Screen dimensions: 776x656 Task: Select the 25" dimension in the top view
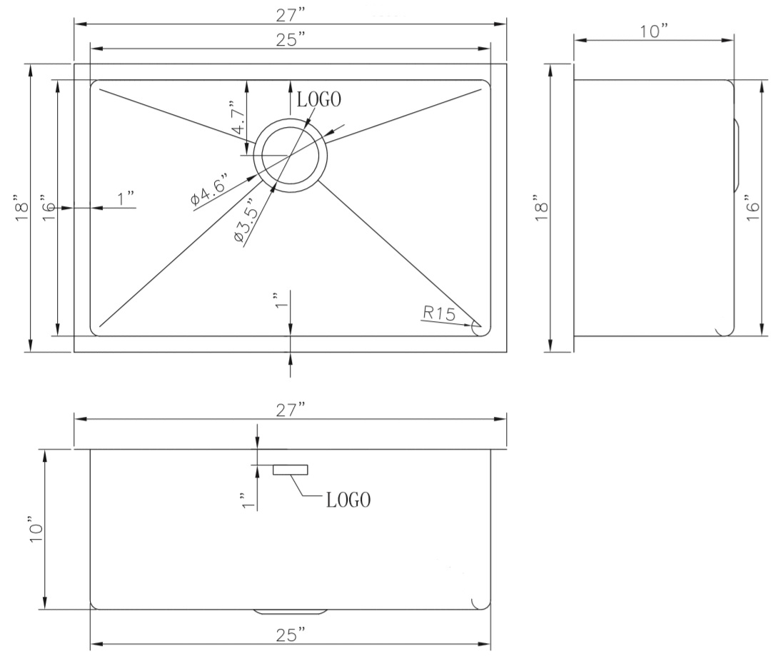pos(290,39)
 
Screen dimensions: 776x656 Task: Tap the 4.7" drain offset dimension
pos(238,118)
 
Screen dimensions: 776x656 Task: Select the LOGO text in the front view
pos(348,500)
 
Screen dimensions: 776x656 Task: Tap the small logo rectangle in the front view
pos(291,470)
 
